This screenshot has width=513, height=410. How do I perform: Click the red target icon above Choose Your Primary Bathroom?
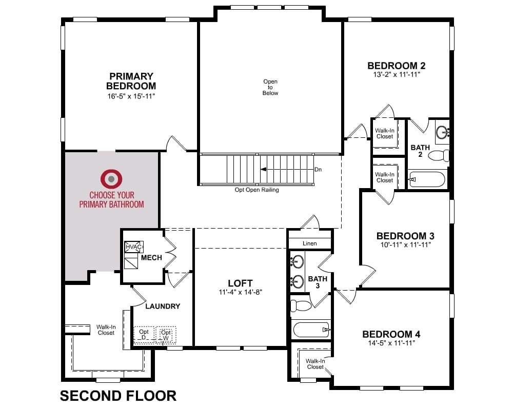click(x=111, y=179)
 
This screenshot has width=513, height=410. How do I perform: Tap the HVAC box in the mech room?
click(x=134, y=247)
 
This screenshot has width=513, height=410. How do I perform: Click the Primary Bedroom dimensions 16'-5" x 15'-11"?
click(x=131, y=96)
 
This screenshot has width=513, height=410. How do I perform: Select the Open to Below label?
click(x=270, y=87)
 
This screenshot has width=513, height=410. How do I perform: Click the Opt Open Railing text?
click(x=257, y=190)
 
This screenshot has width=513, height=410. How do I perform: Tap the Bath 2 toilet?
click(x=439, y=155)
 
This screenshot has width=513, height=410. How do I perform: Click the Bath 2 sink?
click(x=442, y=133)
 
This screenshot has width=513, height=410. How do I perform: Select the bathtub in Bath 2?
click(x=427, y=179)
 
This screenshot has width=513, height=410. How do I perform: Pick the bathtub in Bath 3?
click(x=311, y=330)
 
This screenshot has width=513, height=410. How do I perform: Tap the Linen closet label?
click(x=309, y=243)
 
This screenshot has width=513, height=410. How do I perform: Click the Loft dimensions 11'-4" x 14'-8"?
click(x=241, y=292)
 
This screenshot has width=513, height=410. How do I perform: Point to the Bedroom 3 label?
click(x=405, y=236)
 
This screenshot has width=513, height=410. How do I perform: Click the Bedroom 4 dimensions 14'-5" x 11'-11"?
click(x=391, y=343)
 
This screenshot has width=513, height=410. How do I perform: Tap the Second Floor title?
click(x=118, y=396)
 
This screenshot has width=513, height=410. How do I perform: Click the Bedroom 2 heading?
click(x=396, y=66)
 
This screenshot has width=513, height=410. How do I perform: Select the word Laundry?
click(x=163, y=306)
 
